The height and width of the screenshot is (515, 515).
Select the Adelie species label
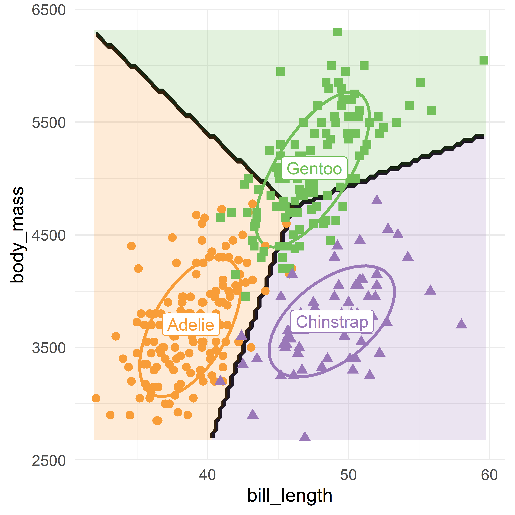(x=191, y=325)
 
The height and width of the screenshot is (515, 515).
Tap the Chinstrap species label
(x=332, y=322)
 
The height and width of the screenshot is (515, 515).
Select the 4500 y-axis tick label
(x=48, y=235)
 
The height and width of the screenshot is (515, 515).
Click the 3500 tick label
(x=48, y=348)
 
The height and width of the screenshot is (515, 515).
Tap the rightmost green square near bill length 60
(x=484, y=60)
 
